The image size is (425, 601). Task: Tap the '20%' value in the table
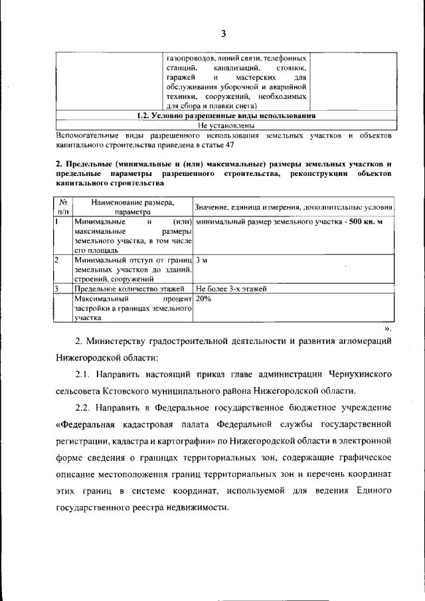coord(204,300)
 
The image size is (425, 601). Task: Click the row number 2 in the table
coord(58,260)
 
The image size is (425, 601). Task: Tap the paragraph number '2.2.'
coord(85,406)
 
